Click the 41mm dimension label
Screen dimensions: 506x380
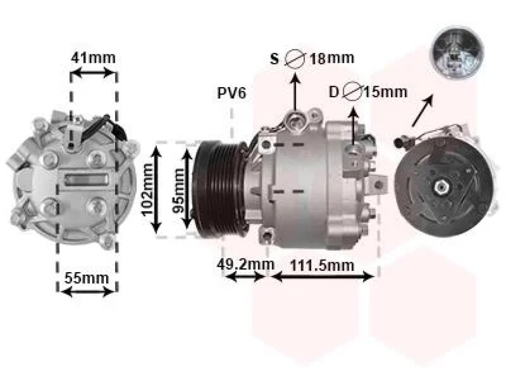pyautogui.click(x=93, y=58)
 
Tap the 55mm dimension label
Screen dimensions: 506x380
pyautogui.click(x=86, y=278)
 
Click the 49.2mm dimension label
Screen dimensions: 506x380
pyautogui.click(x=245, y=265)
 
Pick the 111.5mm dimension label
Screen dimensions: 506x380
pyautogui.click(x=322, y=266)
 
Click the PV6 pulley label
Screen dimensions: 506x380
pyautogui.click(x=232, y=93)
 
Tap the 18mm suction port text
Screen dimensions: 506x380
pyautogui.click(x=332, y=58)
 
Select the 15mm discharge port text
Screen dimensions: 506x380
pyautogui.click(x=385, y=92)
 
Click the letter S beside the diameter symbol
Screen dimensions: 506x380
pyautogui.click(x=274, y=59)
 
